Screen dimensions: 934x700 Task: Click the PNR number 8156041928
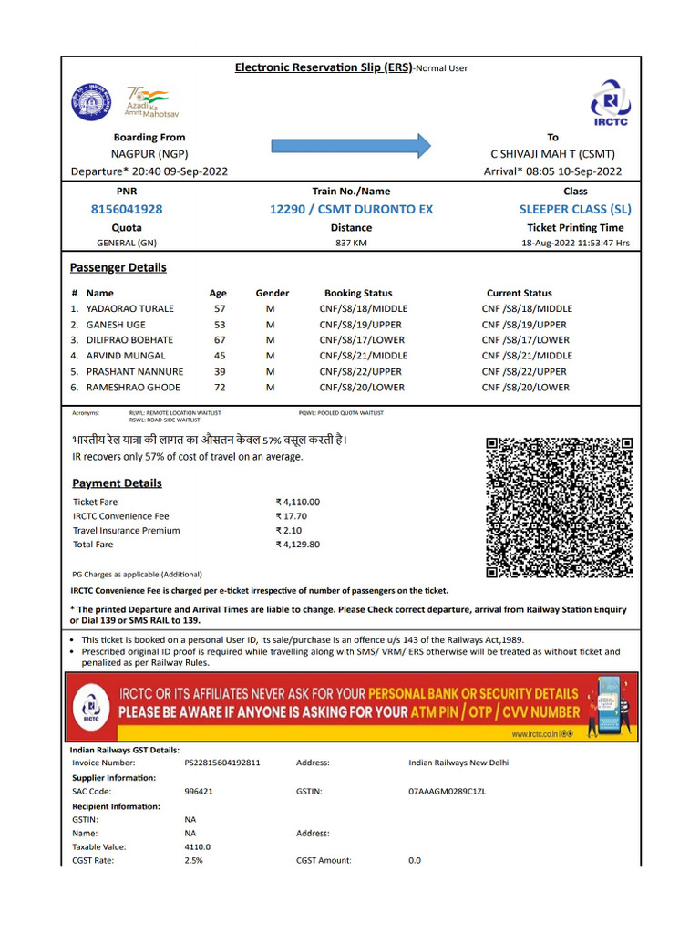(x=127, y=209)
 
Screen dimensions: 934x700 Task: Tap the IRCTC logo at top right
(x=610, y=103)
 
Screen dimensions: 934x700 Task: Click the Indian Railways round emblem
(x=90, y=101)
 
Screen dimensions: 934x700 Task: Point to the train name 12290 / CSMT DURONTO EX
(x=351, y=209)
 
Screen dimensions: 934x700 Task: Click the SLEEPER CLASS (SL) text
(x=575, y=209)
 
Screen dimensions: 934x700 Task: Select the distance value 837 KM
(x=351, y=244)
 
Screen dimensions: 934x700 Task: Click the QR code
(x=559, y=507)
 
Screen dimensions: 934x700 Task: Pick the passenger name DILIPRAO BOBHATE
(x=129, y=340)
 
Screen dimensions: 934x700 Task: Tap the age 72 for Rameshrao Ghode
(x=220, y=388)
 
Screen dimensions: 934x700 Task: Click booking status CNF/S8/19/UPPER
(x=360, y=325)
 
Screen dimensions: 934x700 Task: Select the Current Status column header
(x=519, y=293)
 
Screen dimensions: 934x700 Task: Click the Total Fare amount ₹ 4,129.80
(x=298, y=545)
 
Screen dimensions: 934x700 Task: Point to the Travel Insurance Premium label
(x=127, y=531)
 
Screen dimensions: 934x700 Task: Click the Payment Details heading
(x=117, y=483)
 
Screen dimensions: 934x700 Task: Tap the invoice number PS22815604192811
(x=221, y=763)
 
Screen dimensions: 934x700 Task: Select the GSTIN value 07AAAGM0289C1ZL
(x=448, y=792)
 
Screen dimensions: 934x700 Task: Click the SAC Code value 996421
(x=199, y=792)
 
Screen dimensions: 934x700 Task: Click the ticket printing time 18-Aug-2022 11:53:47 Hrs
(x=575, y=244)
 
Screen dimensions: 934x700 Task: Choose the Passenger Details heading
(x=118, y=267)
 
